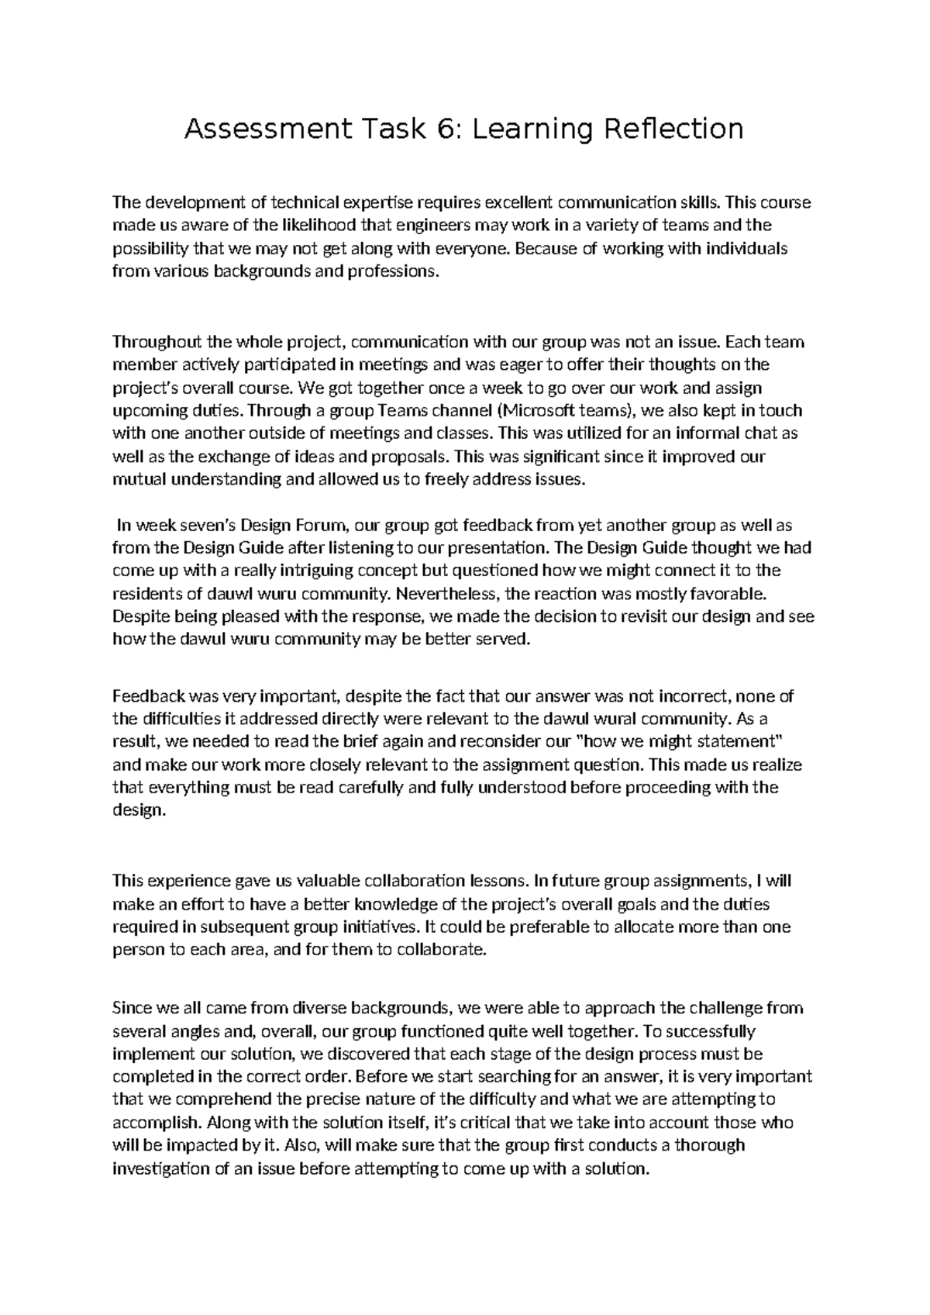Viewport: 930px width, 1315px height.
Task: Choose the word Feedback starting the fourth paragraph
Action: click(147, 695)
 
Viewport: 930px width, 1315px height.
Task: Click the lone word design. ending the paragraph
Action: click(139, 810)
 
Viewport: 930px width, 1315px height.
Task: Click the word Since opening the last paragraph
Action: click(133, 1008)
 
